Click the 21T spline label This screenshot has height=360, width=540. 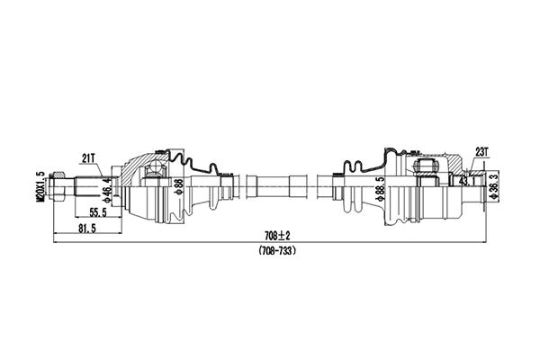point(88,157)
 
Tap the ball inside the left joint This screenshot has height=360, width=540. point(152,170)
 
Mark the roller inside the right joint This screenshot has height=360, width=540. point(422,169)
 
